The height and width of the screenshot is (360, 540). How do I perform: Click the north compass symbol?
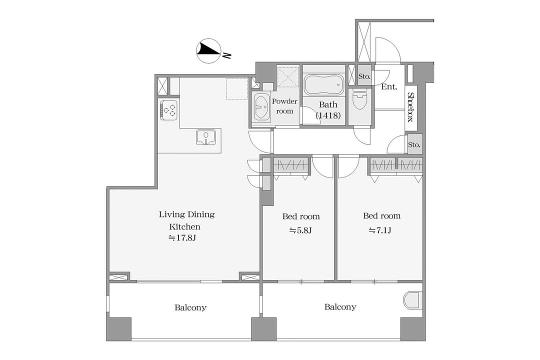[x=208, y=50]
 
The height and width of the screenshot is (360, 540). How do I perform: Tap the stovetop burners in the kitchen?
[x=169, y=110]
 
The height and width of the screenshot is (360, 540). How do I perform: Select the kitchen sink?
[x=206, y=137]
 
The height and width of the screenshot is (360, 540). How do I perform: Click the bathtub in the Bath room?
[x=324, y=85]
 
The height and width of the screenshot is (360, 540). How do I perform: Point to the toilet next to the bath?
[x=360, y=98]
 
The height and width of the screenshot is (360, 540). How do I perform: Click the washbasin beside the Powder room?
[x=261, y=107]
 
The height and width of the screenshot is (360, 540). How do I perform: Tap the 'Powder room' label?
[x=284, y=106]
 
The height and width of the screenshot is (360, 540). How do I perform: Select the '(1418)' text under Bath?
[x=328, y=115]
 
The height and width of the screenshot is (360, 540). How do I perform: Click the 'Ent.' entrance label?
[x=389, y=87]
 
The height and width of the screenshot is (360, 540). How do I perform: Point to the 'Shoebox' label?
[x=410, y=107]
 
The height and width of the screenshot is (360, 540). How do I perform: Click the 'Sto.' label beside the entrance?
[x=364, y=76]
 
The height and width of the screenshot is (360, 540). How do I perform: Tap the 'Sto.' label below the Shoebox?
[x=414, y=144]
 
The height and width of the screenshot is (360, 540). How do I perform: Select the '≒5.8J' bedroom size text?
[x=300, y=230]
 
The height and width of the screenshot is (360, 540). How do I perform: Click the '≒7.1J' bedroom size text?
[x=380, y=230]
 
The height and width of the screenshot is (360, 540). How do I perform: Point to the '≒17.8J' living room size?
[x=182, y=237]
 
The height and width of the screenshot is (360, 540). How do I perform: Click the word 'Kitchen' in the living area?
[x=184, y=226]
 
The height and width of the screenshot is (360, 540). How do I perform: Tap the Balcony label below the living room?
[x=190, y=307]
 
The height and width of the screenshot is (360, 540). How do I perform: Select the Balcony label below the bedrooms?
[x=340, y=306]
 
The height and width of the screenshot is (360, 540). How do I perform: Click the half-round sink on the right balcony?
[x=412, y=300]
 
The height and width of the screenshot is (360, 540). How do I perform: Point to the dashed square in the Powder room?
[x=288, y=77]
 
